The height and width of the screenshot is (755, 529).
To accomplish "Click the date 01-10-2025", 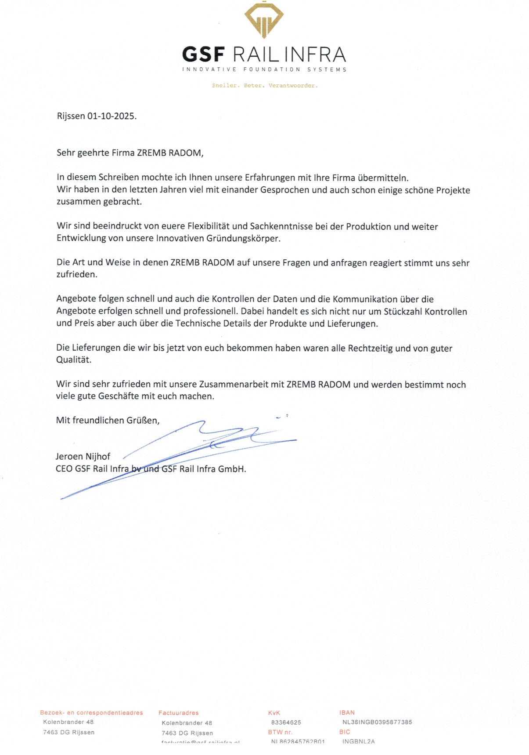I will pos(112,116).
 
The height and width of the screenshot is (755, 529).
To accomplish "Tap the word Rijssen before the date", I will pos(71,116).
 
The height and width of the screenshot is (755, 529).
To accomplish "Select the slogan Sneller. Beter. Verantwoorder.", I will pos(265,86).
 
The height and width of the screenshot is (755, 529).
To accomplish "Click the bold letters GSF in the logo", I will pos(203,54).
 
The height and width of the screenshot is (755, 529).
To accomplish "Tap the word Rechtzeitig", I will pos(371,348).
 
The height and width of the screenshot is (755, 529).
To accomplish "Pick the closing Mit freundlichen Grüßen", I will pos(108,420).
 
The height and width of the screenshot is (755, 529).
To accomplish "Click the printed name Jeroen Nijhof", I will pos(83,456).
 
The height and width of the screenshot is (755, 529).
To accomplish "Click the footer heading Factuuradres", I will pos(179,713).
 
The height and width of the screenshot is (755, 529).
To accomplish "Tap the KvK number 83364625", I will pos(286,722).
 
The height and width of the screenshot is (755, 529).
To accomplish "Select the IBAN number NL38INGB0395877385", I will pos(377,722).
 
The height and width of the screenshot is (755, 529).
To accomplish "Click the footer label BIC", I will pos(345,732).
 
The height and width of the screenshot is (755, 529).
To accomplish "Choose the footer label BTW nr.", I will pos(280,732).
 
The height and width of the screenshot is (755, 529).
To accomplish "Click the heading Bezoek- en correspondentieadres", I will pos(91,713).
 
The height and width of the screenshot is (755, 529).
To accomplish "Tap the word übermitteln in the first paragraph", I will pos(383,178).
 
